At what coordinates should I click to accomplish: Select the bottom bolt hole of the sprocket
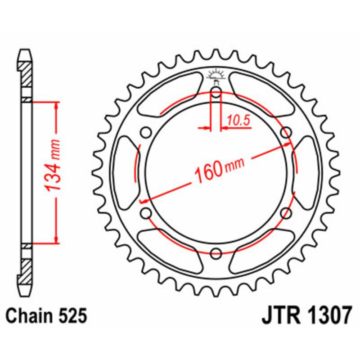coord(216,253)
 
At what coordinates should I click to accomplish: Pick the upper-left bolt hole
coord(145,132)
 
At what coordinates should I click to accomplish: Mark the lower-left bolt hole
coord(145,213)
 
